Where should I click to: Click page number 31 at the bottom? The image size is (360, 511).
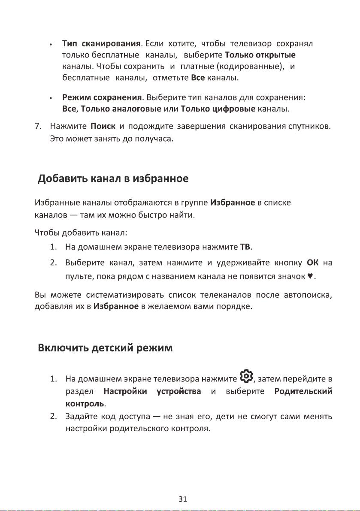tap(183, 499)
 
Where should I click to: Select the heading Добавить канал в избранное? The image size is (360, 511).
tap(114, 178)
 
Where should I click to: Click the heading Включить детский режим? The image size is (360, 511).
tap(105, 348)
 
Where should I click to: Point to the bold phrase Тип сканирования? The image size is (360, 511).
tap(102, 44)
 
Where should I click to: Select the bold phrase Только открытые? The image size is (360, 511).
tap(260, 55)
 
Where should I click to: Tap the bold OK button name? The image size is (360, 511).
tap(312, 262)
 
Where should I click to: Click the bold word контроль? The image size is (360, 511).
tap(85, 404)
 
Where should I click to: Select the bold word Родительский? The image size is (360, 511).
tap(304, 392)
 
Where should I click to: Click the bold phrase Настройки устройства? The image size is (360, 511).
tap(153, 392)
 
